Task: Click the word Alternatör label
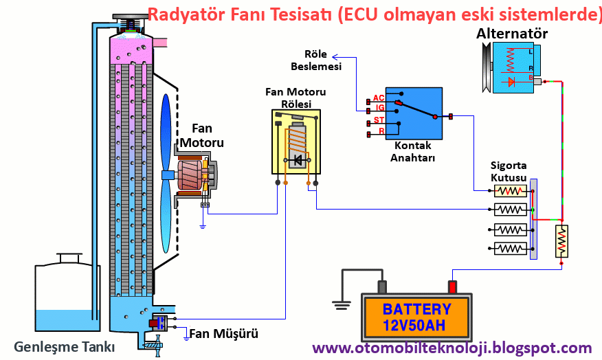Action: pyautogui.click(x=512, y=34)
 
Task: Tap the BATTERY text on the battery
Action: pyautogui.click(x=417, y=309)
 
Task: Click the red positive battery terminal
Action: pyautogui.click(x=452, y=286)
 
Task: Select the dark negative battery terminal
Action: pyautogui.click(x=382, y=286)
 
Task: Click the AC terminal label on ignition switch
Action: pyautogui.click(x=378, y=98)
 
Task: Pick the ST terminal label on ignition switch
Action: pyautogui.click(x=378, y=120)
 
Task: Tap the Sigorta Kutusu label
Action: pyautogui.click(x=509, y=171)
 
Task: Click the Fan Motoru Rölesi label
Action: pyautogui.click(x=296, y=97)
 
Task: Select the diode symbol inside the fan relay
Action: pyautogui.click(x=298, y=161)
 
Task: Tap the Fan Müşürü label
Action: pyautogui.click(x=224, y=335)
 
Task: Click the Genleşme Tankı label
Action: pyautogui.click(x=65, y=345)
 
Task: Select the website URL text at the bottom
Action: pyautogui.click(x=452, y=348)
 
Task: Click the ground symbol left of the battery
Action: pyautogui.click(x=338, y=301)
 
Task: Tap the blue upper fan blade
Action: pyautogui.click(x=166, y=131)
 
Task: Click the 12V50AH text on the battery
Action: pyautogui.click(x=417, y=325)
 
